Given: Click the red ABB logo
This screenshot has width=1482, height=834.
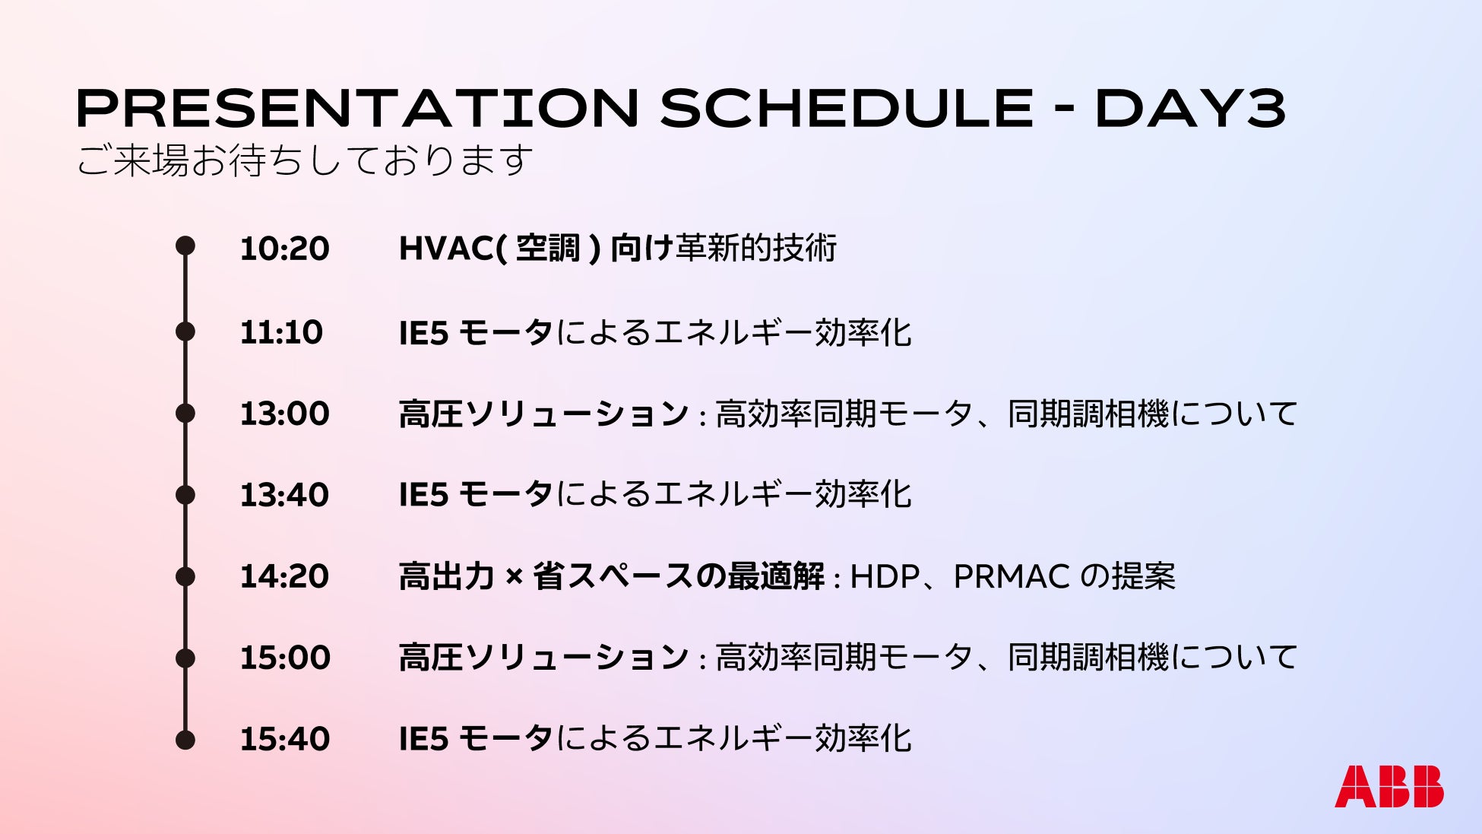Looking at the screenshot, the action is point(1389,786).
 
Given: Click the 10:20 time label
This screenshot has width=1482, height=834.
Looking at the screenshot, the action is point(284,249).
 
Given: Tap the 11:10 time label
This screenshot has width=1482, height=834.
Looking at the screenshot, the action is point(281,332).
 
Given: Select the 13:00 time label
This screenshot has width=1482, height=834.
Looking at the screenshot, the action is point(284,414).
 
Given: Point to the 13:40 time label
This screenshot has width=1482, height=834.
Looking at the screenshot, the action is point(284,495).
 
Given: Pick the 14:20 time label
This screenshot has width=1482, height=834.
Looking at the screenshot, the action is point(284,576).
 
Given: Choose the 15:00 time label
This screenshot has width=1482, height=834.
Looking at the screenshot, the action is point(285,658).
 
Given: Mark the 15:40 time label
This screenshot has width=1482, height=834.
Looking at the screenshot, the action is point(285,739).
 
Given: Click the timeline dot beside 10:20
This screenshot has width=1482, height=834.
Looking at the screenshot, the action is point(185,246).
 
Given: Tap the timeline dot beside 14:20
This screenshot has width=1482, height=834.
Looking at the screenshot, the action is point(185,576).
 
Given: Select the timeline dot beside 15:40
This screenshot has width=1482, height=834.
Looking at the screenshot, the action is point(185,740).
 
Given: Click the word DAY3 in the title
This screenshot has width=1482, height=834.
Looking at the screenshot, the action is point(1190,108).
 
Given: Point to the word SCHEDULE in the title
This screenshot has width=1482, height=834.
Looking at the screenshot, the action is point(847,108).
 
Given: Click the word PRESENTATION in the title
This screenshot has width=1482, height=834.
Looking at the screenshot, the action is point(357,108).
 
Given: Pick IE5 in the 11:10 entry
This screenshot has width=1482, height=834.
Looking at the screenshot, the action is point(424,333).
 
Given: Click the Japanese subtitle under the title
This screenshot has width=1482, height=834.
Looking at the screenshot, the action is point(304,160).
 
